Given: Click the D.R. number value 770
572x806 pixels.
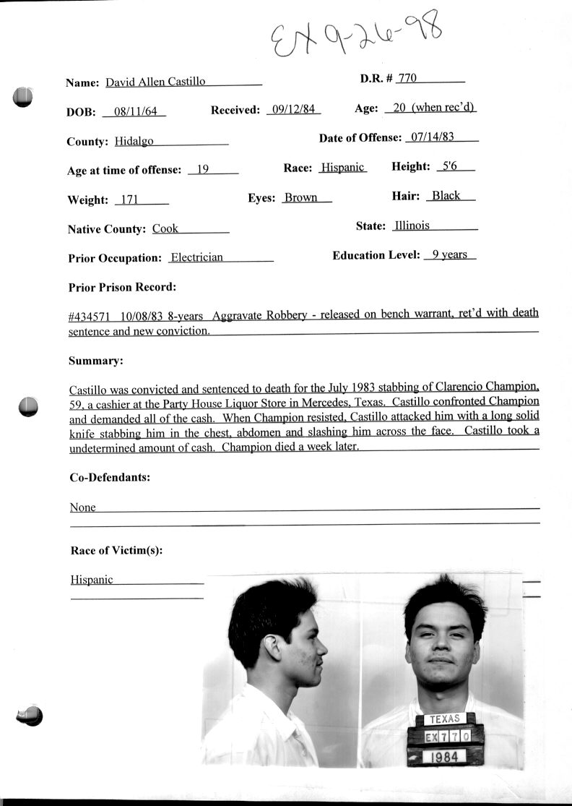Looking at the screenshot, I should click(x=407, y=78).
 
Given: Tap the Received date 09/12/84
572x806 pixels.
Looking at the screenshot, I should click(x=292, y=110).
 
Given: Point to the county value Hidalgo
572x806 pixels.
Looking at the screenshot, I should click(x=134, y=142).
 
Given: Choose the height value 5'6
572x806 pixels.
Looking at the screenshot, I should click(x=449, y=166).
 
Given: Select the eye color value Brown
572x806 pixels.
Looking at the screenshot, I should click(x=300, y=197).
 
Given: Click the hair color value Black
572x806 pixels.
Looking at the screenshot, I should click(x=446, y=195).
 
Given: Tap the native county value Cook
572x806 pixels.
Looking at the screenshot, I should click(x=165, y=228).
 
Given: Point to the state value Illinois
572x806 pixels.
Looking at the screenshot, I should click(x=412, y=226).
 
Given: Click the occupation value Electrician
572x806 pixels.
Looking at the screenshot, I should click(x=196, y=257).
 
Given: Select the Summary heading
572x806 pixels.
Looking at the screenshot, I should click(x=95, y=360).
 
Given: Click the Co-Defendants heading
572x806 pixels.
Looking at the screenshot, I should click(x=110, y=477).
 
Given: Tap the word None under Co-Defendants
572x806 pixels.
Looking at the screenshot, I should click(x=83, y=507).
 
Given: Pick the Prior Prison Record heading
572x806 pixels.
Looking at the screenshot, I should click(x=122, y=287).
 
